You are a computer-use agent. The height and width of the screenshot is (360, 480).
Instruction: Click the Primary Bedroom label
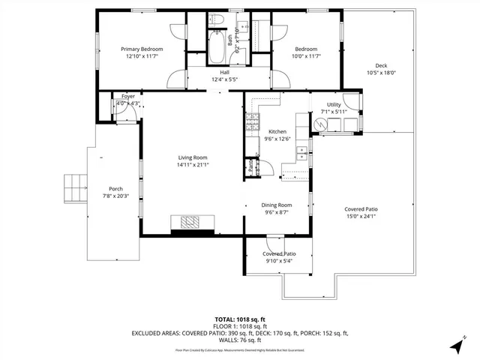[x=142, y=49]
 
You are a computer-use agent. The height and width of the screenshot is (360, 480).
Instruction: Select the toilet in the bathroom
[x=215, y=19]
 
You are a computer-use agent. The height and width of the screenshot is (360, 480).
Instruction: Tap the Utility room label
[x=334, y=105]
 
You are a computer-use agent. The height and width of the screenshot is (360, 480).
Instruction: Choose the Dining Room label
[x=277, y=205]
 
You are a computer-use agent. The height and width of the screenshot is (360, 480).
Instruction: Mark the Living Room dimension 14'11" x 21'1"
[x=192, y=165]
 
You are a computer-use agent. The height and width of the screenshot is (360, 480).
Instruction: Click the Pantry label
[x=250, y=167]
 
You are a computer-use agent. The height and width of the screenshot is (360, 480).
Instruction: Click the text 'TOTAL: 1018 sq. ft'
[x=240, y=319]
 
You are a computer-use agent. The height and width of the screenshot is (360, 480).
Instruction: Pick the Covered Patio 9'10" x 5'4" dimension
[x=278, y=262]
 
